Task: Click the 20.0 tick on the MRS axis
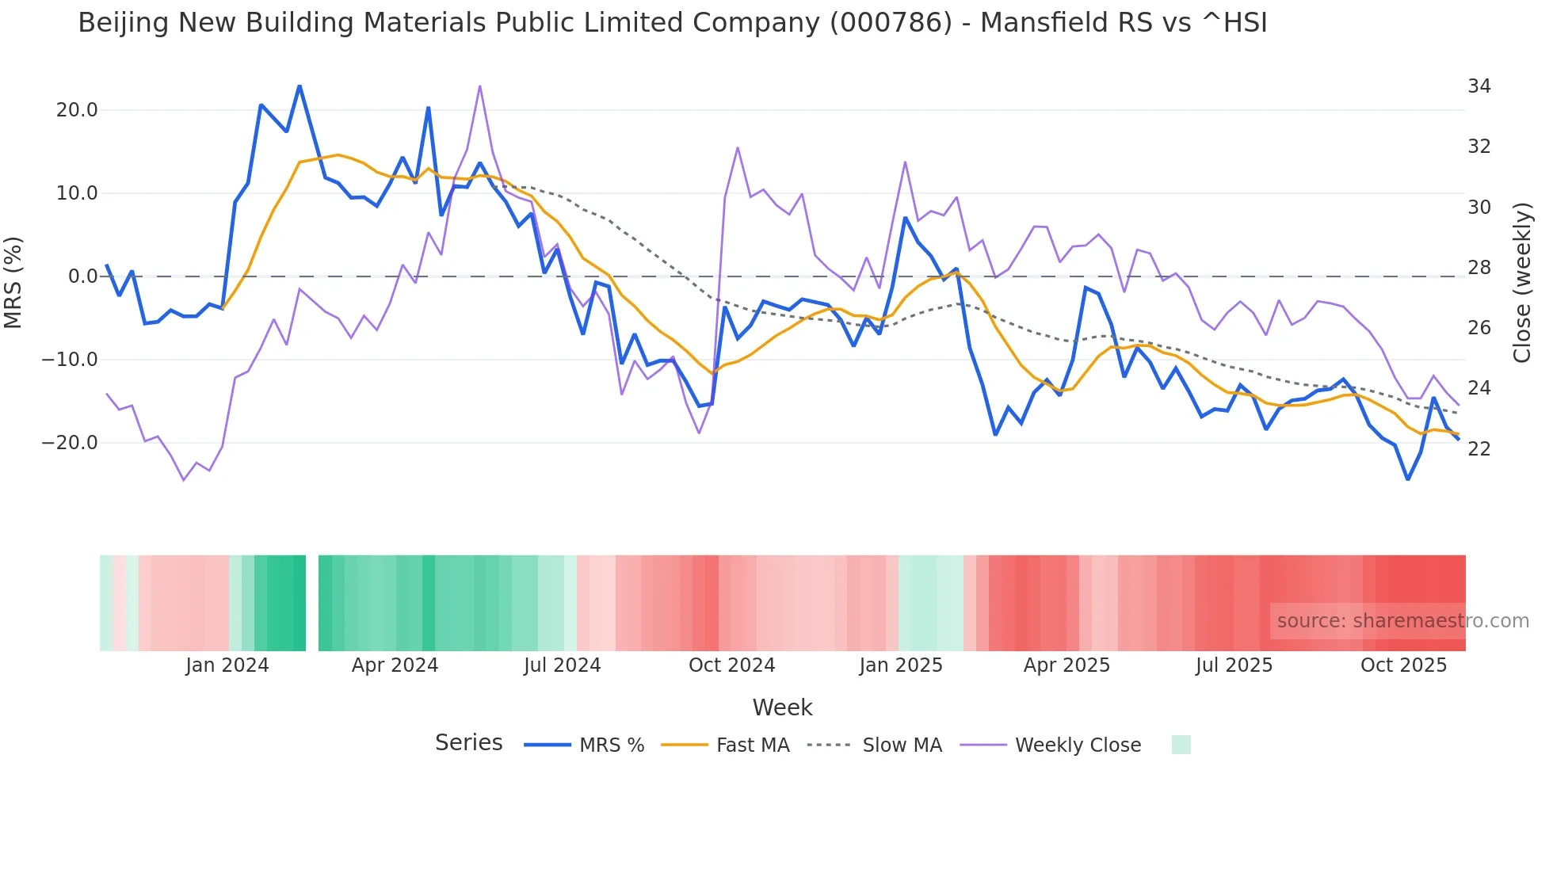[76, 110]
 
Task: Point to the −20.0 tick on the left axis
[70, 443]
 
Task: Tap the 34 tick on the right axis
[1479, 86]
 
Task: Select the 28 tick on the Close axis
[1479, 268]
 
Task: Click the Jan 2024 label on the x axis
[227, 665]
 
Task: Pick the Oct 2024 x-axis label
[731, 665]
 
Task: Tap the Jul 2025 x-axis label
[1234, 665]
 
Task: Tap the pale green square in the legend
[1181, 745]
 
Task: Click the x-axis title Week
[782, 707]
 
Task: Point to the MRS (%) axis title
[13, 282]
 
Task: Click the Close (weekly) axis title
[1522, 282]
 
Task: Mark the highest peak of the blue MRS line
[300, 86]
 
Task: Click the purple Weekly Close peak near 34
[480, 86]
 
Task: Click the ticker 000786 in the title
[891, 23]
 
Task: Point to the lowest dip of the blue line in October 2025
[1408, 479]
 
